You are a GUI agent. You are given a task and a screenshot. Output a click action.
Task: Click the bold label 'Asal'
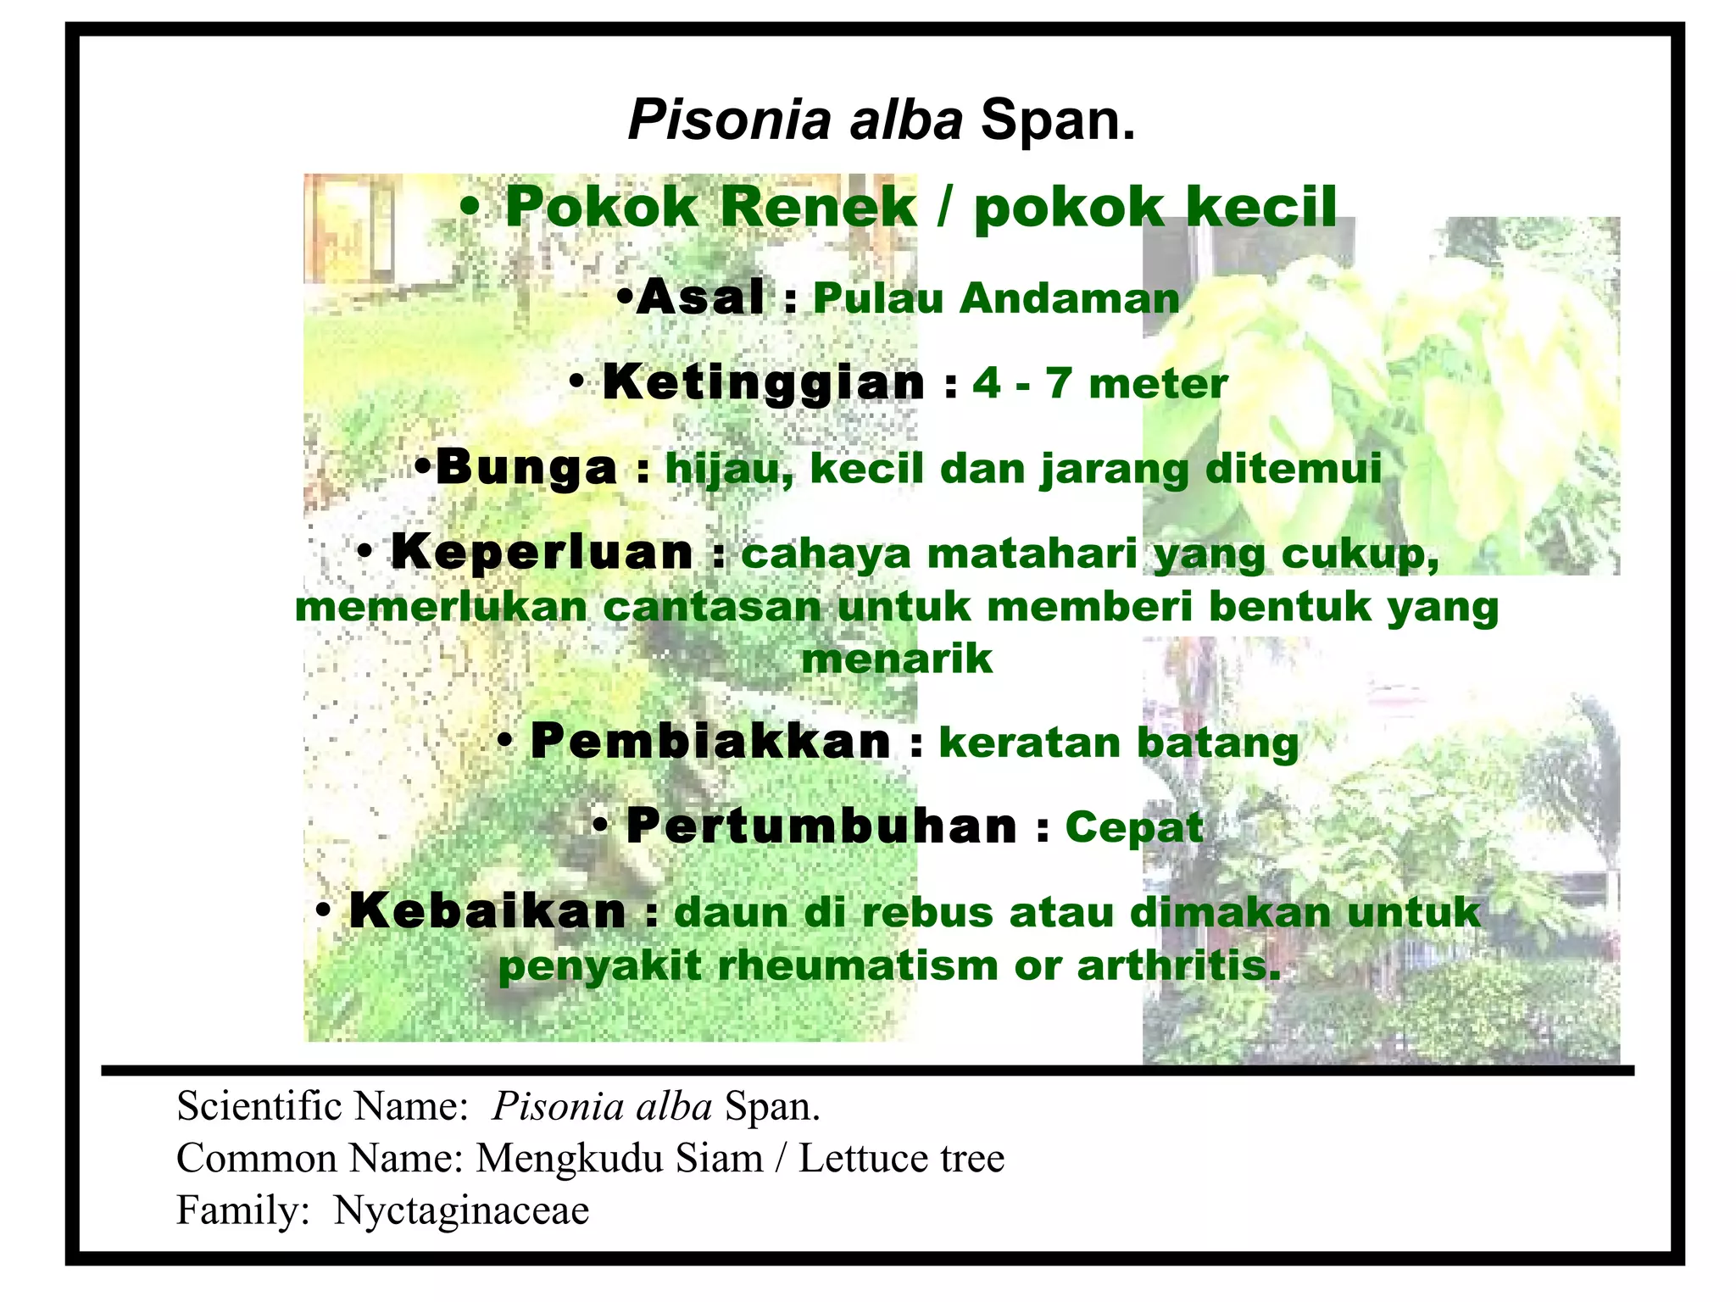click(700, 298)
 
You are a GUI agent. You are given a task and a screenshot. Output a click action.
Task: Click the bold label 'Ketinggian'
click(764, 383)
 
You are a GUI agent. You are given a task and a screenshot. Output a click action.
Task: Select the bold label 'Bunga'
click(526, 468)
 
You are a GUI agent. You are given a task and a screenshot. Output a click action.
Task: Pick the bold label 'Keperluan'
click(542, 553)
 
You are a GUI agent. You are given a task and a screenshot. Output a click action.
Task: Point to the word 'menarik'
click(897, 659)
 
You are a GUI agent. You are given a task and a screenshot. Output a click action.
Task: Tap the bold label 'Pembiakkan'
click(710, 743)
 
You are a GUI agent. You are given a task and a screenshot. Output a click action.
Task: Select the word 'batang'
click(1217, 743)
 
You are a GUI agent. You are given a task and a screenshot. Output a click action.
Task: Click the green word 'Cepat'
click(1134, 827)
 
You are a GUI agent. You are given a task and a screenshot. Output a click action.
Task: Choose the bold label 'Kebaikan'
click(487, 912)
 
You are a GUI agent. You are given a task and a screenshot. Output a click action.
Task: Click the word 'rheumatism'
click(858, 966)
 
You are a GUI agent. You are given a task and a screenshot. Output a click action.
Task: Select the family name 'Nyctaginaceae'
click(461, 1210)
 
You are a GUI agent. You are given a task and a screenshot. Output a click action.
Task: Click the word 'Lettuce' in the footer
click(864, 1159)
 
